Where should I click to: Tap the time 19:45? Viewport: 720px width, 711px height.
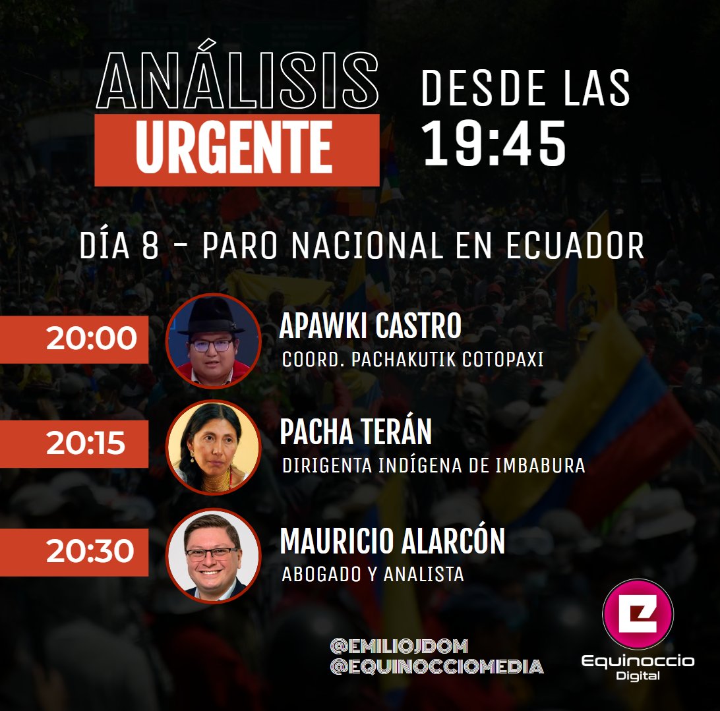[x=495, y=143]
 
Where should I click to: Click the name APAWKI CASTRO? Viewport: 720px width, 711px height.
[x=370, y=326]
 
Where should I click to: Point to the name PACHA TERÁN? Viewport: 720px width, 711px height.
[x=356, y=432]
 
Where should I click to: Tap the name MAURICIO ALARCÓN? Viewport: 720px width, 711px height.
[x=392, y=542]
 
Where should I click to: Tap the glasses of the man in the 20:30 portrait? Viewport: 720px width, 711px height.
[x=212, y=554]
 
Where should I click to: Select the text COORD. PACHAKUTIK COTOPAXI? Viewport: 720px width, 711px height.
[x=413, y=361]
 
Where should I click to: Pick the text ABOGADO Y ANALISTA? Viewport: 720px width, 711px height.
[x=373, y=575]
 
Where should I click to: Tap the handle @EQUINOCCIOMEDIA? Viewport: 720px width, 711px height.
[x=436, y=667]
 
